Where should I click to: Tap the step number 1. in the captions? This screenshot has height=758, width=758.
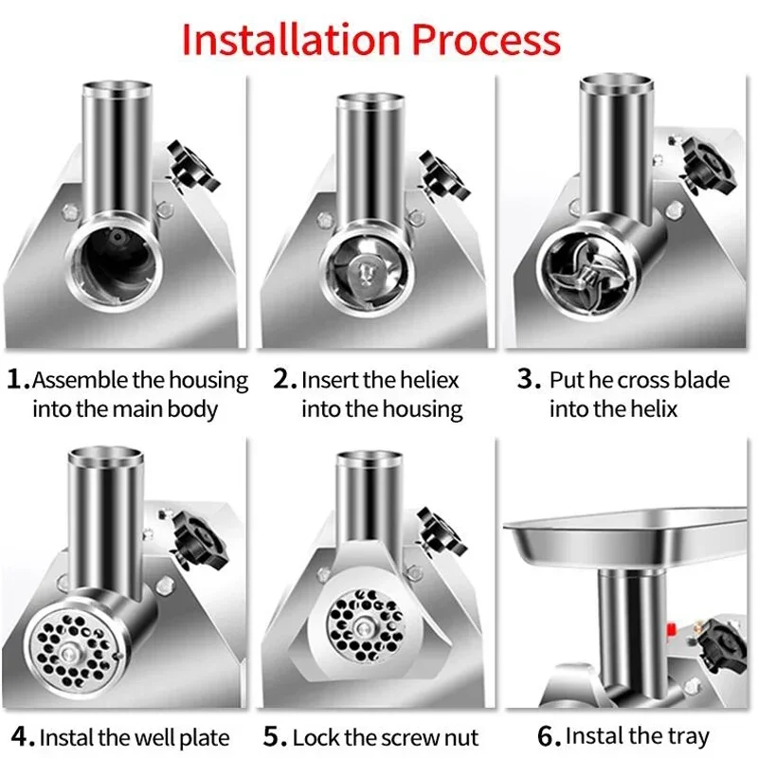point(18,381)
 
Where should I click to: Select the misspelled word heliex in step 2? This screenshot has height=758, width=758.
point(425,381)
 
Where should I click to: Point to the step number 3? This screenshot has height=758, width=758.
point(528,381)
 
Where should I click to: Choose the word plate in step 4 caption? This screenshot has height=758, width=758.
point(198,737)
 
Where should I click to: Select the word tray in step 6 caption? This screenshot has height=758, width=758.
point(689,735)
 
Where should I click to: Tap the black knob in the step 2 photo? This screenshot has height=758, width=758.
point(443,176)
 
